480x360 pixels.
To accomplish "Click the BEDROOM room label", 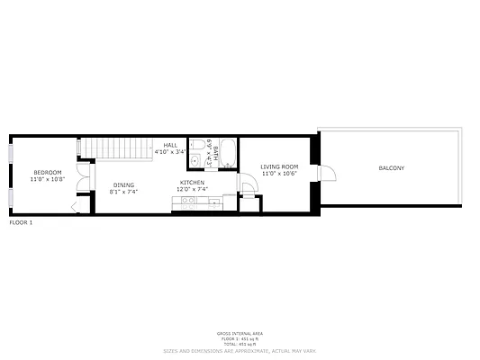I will coord(48,172).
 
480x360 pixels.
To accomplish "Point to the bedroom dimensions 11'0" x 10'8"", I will coord(48,179).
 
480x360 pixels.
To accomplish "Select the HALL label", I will coord(170,146).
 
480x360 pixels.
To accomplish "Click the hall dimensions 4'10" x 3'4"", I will coord(170,153).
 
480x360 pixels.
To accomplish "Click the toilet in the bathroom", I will coord(197,144).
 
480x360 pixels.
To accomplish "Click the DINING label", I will coord(123,185).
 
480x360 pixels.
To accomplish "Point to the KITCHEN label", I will coord(192,183).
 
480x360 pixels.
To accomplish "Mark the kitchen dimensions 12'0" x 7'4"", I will coord(192,190).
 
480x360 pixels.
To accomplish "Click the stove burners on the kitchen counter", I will coord(188,201).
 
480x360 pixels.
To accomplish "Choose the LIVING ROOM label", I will coord(279,166).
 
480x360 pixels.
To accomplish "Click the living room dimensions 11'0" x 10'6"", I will coord(279,174).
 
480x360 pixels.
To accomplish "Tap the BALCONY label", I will coord(391,168).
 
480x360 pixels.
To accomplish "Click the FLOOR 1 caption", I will coord(21,221).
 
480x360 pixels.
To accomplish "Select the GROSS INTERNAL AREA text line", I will coord(240,332).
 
